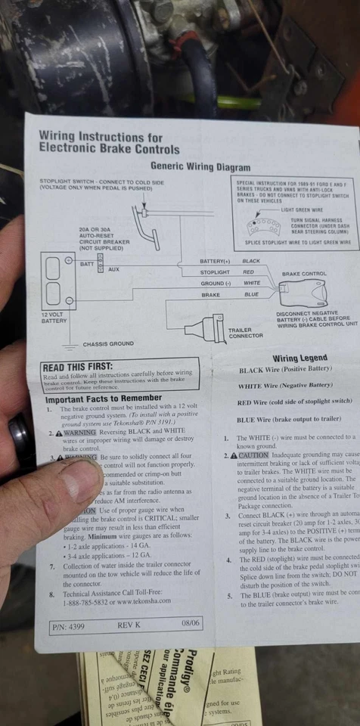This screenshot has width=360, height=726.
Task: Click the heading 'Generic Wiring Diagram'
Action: [x=200, y=166]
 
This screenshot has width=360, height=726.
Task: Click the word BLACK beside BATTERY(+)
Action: [x=251, y=260]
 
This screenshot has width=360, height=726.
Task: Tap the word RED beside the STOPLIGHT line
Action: [x=247, y=271]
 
